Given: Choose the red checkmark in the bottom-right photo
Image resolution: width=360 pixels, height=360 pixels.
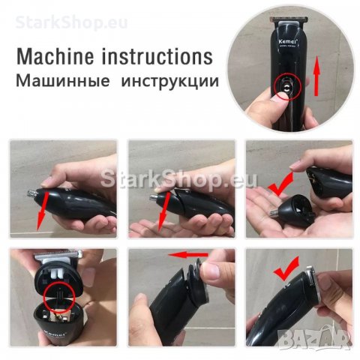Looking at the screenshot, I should tap(284, 269).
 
